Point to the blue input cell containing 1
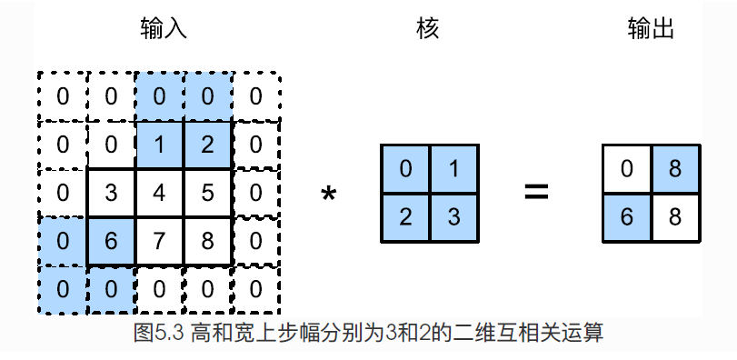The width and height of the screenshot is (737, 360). (x=159, y=145)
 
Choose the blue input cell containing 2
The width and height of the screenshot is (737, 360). (x=207, y=145)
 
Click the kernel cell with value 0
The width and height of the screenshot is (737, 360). (x=404, y=169)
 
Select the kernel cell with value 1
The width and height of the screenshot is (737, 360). (x=453, y=169)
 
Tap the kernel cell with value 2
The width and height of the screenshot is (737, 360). (x=404, y=217)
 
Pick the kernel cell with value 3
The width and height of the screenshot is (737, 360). (x=453, y=217)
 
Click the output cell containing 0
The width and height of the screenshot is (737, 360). (x=628, y=169)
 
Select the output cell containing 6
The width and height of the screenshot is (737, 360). (x=628, y=217)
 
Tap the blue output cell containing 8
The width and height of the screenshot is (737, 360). (x=676, y=169)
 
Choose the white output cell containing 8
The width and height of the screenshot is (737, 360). (x=676, y=217)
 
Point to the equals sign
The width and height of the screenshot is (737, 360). (x=536, y=193)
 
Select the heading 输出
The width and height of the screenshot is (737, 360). (x=651, y=29)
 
